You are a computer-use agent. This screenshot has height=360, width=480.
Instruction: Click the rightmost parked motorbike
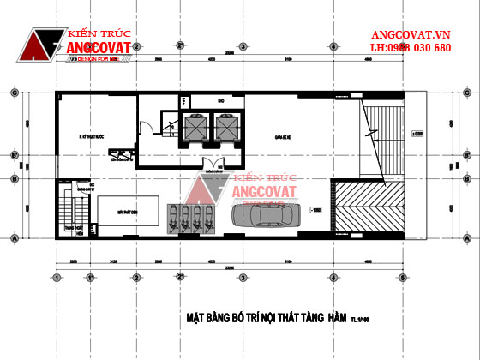point(207,219)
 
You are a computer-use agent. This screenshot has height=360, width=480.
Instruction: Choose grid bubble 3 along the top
point(243,46)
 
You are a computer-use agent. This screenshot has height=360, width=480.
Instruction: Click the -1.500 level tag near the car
point(316,208)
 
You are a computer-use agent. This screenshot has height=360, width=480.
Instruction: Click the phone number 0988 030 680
point(429,48)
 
